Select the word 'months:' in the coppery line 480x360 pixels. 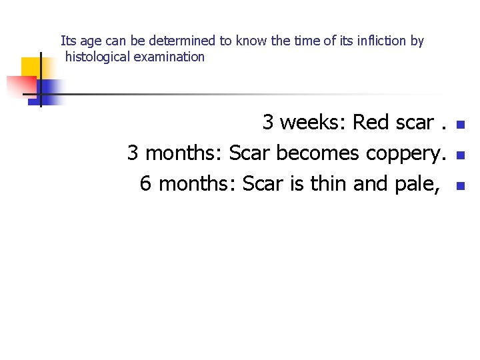tap(184, 153)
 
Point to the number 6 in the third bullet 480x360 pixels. tap(146, 183)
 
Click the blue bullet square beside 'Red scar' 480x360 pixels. tap(459, 125)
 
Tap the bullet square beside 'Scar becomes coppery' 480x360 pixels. tap(459, 155)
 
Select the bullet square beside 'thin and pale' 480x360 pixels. tap(459, 185)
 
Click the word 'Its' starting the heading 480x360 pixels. tap(68, 41)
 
